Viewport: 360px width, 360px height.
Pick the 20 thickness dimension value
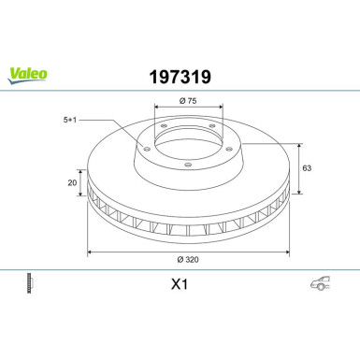coord(71,184)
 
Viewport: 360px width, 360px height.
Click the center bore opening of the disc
coord(186,145)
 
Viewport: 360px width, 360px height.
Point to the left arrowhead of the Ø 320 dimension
coord(90,250)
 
